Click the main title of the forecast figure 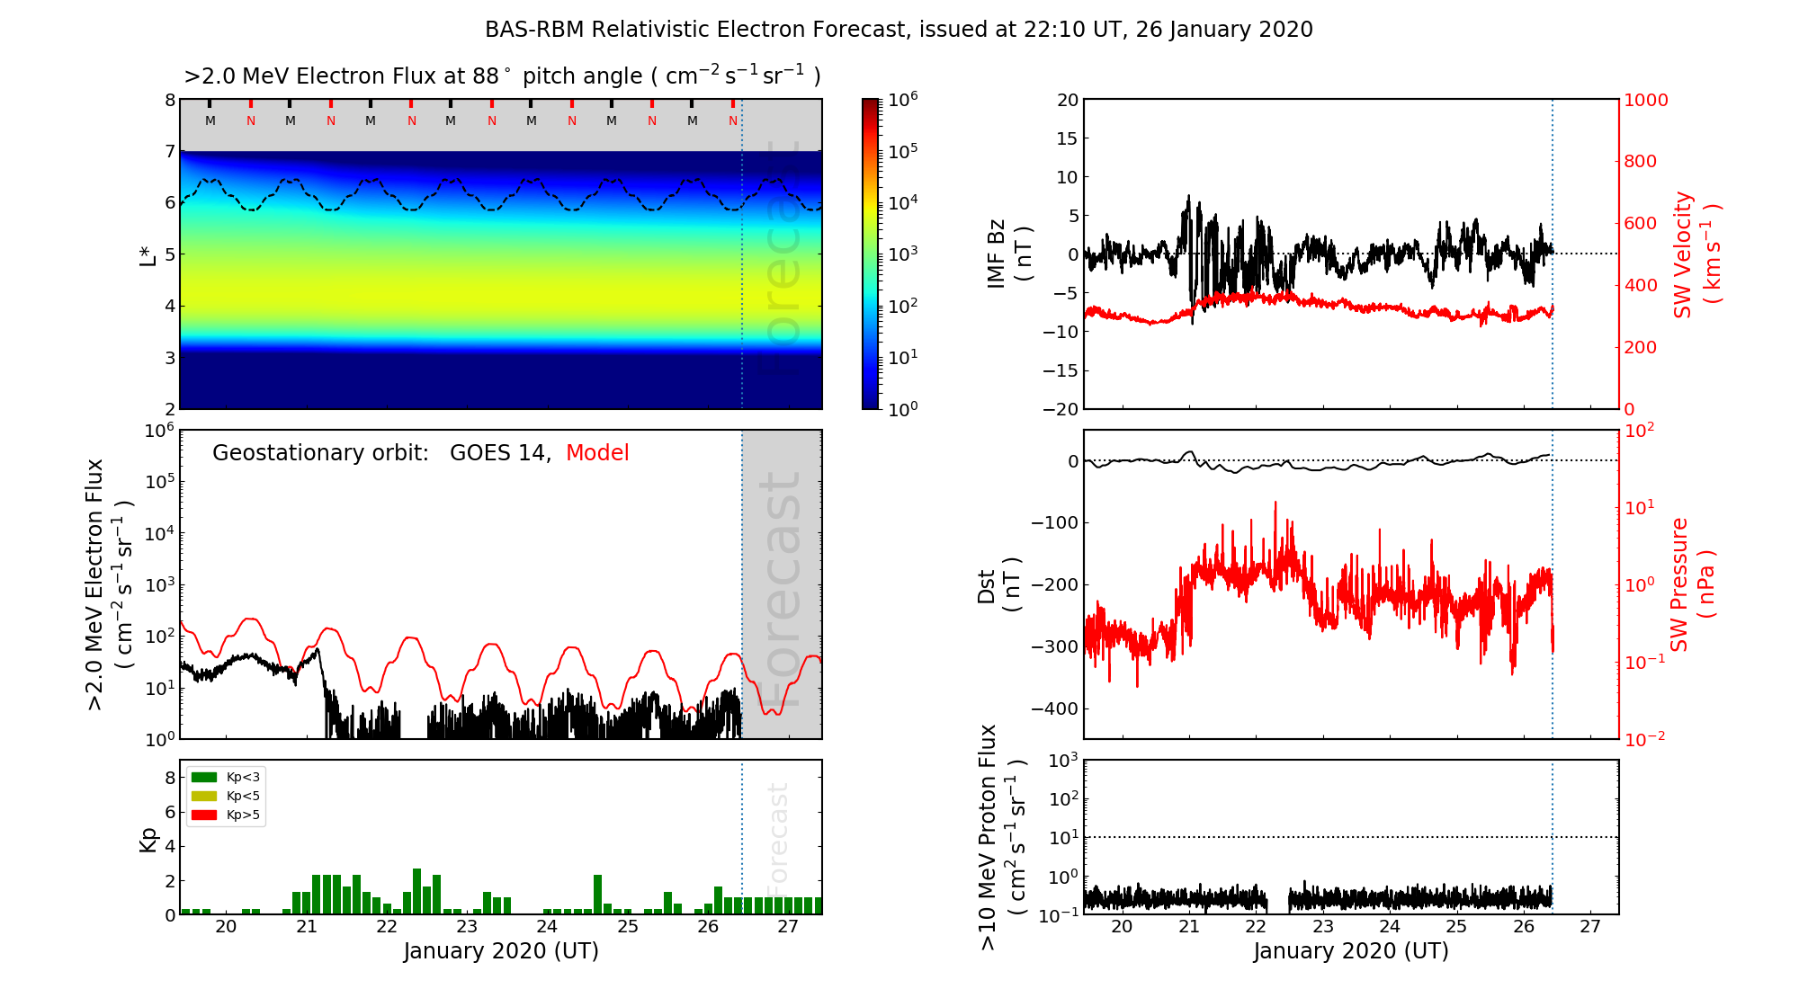[x=899, y=30]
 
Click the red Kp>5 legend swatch [x=204, y=815]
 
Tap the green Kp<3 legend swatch [x=204, y=777]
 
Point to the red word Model [x=597, y=453]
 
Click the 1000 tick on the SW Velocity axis [x=1645, y=100]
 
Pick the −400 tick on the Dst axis [x=1057, y=708]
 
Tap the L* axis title [x=148, y=254]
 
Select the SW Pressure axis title [x=1692, y=584]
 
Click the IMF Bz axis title [x=1009, y=254]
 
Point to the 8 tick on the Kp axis [x=169, y=778]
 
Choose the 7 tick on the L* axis [x=169, y=151]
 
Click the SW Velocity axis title [x=1696, y=254]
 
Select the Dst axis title [x=998, y=584]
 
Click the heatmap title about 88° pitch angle [x=502, y=76]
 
